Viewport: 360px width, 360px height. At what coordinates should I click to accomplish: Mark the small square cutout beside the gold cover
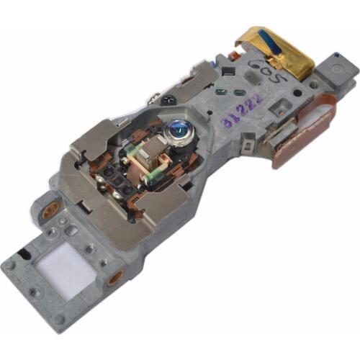(228, 71)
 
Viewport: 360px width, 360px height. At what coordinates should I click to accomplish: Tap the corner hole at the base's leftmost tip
(10, 265)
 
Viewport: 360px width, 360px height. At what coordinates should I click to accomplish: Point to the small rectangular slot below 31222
(247, 147)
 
